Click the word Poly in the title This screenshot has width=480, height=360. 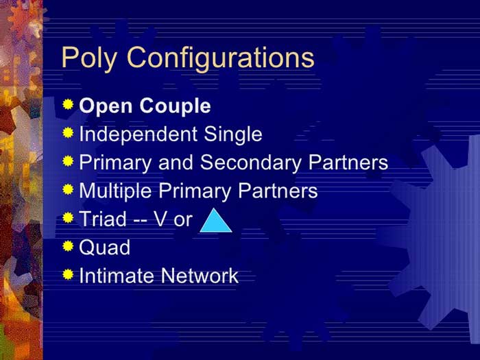[x=89, y=59]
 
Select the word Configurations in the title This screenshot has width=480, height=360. [x=221, y=59]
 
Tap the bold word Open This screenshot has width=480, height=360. [x=106, y=106]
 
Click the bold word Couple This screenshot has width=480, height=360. [x=176, y=106]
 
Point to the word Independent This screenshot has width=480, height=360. [x=138, y=134]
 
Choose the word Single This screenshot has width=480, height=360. [x=233, y=134]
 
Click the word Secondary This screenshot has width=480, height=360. [x=251, y=163]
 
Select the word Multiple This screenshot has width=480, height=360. [x=115, y=191]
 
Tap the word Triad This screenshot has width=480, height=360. [x=103, y=219]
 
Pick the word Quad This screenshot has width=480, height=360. [x=105, y=248]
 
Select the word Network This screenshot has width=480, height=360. [x=200, y=276]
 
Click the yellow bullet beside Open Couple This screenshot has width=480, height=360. [x=68, y=104]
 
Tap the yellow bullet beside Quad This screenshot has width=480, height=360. [x=68, y=245]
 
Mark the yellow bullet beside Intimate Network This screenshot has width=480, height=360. [x=68, y=274]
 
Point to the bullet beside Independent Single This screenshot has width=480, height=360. [x=68, y=132]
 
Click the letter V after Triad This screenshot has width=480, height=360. [x=161, y=219]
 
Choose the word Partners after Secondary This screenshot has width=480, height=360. [x=348, y=163]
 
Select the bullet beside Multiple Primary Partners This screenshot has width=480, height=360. [x=68, y=189]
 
